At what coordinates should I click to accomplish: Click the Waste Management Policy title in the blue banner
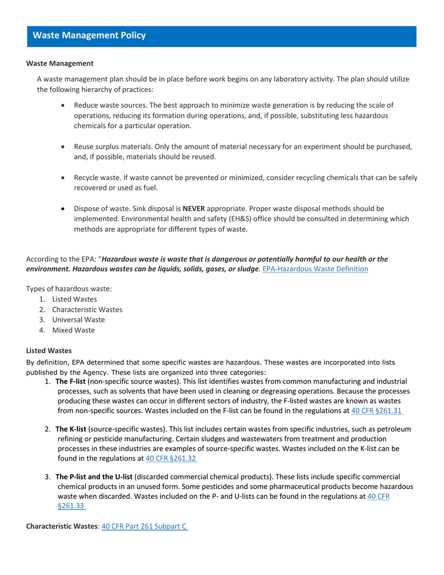point(89,35)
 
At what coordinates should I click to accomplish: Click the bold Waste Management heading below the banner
point(60,63)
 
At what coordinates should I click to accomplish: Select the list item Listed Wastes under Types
point(74,299)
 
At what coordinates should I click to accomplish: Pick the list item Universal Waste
point(78,320)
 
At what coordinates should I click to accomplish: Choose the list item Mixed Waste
point(74,330)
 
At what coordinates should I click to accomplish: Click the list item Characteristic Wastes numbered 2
point(87,309)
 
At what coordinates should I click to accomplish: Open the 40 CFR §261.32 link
point(171,459)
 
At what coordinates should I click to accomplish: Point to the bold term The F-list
point(71,381)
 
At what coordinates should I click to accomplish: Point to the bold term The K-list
point(71,429)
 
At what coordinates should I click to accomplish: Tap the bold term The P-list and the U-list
point(94,476)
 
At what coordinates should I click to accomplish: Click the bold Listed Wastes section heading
point(49,350)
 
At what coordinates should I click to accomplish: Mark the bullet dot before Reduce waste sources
point(63,106)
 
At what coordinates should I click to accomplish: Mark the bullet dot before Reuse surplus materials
point(63,147)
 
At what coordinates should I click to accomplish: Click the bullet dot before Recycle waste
point(63,177)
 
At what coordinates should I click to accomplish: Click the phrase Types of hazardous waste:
point(69,289)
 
